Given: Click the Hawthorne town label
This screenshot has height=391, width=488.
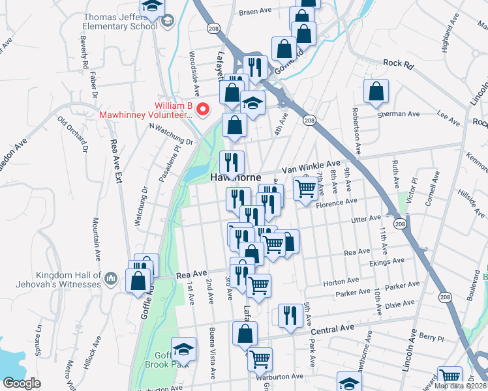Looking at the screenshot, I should pos(236,177).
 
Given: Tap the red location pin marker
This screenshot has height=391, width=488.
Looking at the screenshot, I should pos(202,109).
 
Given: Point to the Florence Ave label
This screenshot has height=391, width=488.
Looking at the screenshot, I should pos(337,204).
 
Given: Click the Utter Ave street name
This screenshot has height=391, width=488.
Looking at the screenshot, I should pos(366,220).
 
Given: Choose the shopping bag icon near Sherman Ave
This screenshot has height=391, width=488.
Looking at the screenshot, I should pos(376,93).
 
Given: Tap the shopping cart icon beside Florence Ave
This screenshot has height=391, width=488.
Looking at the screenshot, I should pos(305,189).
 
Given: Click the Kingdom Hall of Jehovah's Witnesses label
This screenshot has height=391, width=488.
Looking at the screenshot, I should pos(51,279).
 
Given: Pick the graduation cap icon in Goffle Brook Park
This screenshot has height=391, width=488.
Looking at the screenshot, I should pos(183,349).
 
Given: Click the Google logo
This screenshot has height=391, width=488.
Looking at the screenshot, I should pos(22,383).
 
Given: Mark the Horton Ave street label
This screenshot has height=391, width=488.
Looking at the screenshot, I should pos(341,282).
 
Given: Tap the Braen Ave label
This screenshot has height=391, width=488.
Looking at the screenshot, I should pos(254,12).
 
